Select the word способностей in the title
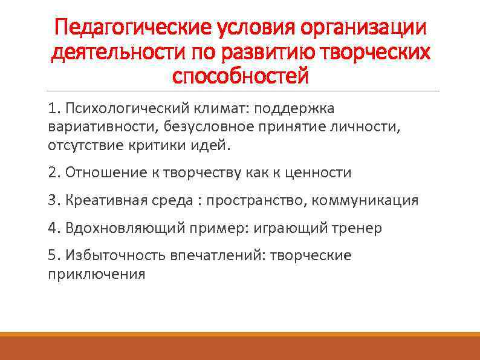point(240,76)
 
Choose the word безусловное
point(199,127)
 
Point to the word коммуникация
point(365,200)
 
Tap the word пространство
point(256,200)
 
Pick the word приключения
point(97,274)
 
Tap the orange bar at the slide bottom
point(240,348)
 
